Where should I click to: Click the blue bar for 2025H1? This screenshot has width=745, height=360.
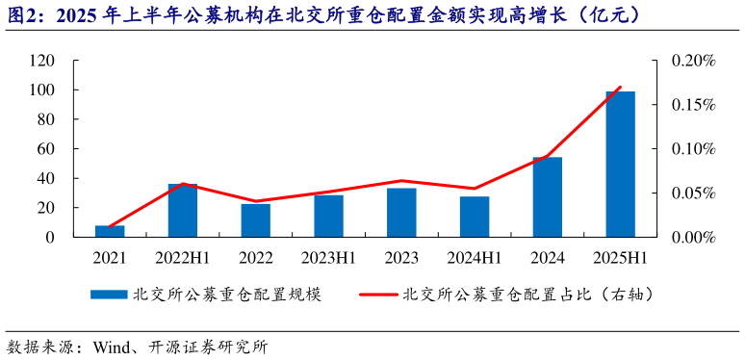pyautogui.click(x=620, y=164)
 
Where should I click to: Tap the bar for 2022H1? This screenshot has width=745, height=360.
pyautogui.click(x=183, y=210)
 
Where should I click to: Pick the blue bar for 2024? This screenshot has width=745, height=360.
pyautogui.click(x=547, y=196)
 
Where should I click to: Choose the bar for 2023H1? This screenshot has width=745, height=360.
pyautogui.click(x=328, y=216)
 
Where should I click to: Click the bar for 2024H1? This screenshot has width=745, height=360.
pyautogui.click(x=475, y=217)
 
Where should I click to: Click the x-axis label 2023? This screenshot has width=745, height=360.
pyautogui.click(x=401, y=258)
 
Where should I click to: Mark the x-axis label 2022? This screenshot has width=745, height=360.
pyautogui.click(x=255, y=258)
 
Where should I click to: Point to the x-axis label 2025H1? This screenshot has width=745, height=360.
pyautogui.click(x=620, y=258)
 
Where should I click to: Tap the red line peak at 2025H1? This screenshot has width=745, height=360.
pyautogui.click(x=620, y=88)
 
